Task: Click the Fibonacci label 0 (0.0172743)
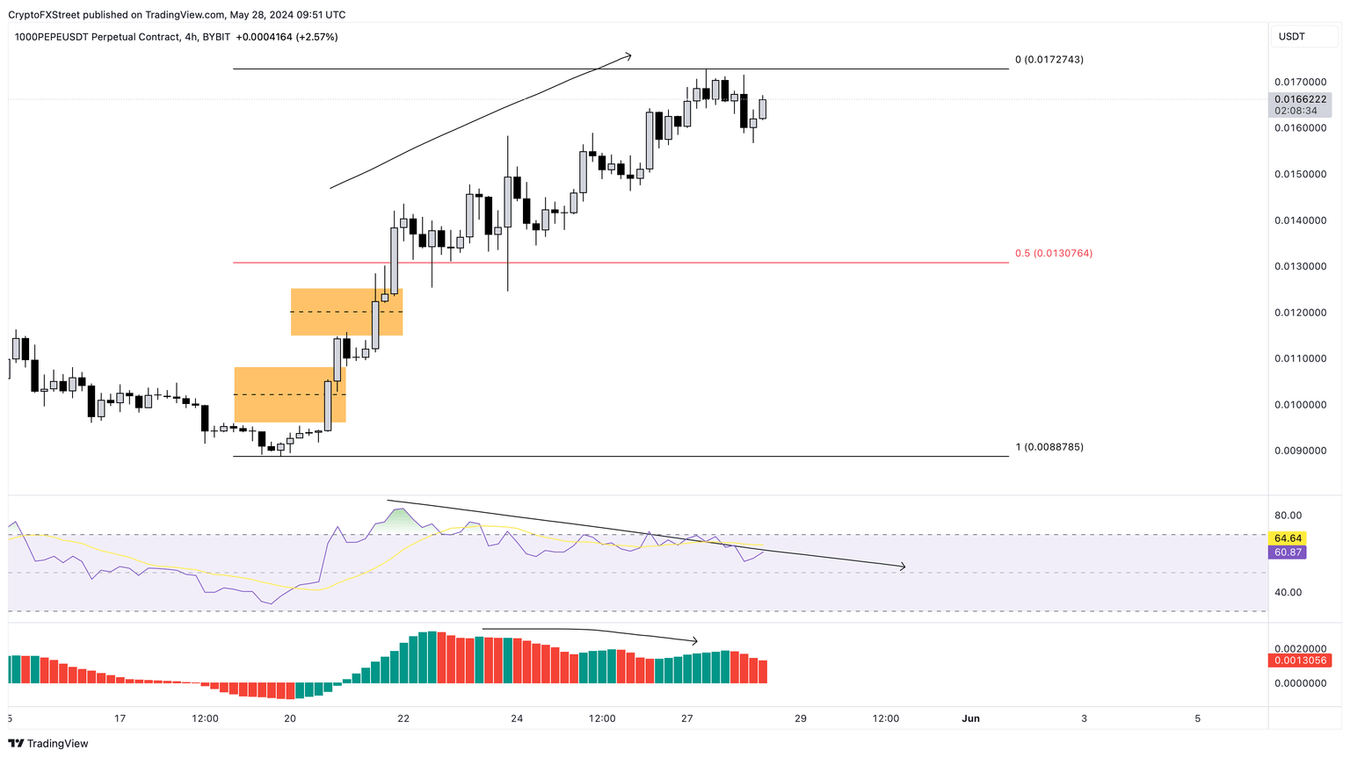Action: [x=1049, y=60]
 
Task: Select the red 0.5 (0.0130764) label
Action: [x=1053, y=253]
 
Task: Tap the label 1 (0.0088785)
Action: [x=1049, y=447]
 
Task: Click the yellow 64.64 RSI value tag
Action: [x=1288, y=538]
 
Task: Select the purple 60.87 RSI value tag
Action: [x=1288, y=552]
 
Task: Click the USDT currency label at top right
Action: [x=1291, y=37]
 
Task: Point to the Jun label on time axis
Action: [x=970, y=718]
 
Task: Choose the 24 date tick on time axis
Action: [x=517, y=718]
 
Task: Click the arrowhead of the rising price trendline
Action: [x=628, y=57]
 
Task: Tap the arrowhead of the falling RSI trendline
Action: [x=902, y=567]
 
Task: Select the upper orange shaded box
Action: [x=346, y=312]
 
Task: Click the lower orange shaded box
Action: [x=289, y=394]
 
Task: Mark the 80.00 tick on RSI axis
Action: [x=1288, y=516]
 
